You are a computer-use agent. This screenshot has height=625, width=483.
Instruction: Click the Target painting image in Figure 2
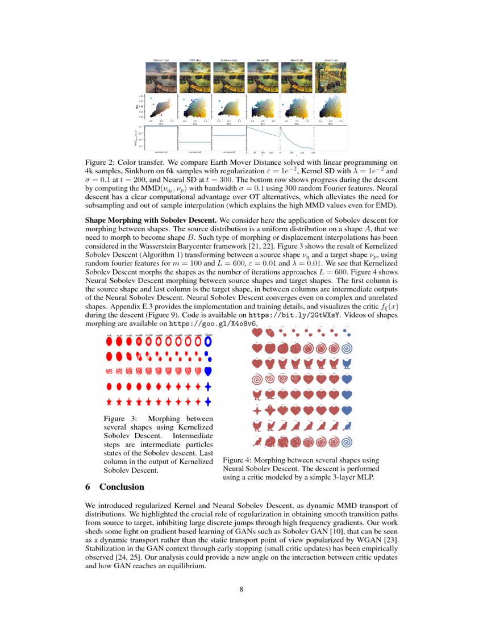[331, 76]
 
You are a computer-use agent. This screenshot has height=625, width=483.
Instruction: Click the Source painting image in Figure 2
[161, 76]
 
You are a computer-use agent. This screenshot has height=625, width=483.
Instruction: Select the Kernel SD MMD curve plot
[263, 139]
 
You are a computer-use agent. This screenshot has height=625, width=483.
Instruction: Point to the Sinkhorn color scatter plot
[229, 107]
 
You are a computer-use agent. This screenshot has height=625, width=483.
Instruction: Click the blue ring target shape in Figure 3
[209, 343]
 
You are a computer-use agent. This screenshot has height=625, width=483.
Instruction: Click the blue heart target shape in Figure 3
[209, 372]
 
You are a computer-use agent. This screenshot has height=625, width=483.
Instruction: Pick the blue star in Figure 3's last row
[209, 402]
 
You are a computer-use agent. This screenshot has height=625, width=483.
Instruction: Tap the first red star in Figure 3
[109, 402]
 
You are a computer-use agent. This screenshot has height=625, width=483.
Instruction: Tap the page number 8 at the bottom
[241, 589]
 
